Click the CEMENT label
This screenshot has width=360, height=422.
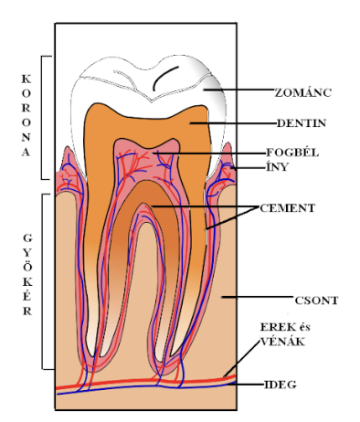click(x=287, y=208)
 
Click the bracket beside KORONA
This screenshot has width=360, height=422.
click(x=46, y=118)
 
